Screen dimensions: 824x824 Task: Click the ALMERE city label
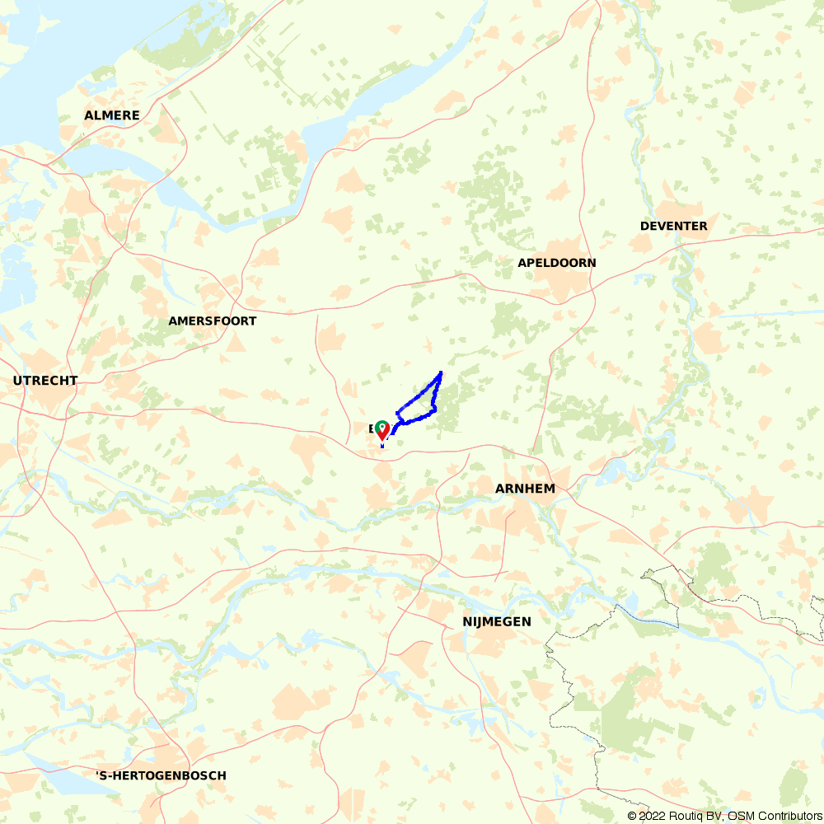click(x=112, y=115)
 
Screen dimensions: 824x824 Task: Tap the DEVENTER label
click(x=673, y=226)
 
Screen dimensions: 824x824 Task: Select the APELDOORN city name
click(x=556, y=263)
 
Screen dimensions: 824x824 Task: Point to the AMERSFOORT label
click(x=212, y=321)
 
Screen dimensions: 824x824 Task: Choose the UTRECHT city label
click(x=45, y=381)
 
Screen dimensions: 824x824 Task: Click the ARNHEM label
click(x=525, y=489)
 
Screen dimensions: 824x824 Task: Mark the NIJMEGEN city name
click(x=497, y=621)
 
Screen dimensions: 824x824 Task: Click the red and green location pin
click(x=382, y=429)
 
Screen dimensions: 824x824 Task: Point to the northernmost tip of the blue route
click(x=441, y=372)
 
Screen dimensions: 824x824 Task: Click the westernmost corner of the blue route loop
click(x=397, y=411)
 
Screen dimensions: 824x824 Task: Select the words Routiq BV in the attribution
click(x=691, y=816)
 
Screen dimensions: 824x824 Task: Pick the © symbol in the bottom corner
click(x=632, y=816)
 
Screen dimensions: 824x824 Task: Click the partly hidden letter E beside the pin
click(x=372, y=428)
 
